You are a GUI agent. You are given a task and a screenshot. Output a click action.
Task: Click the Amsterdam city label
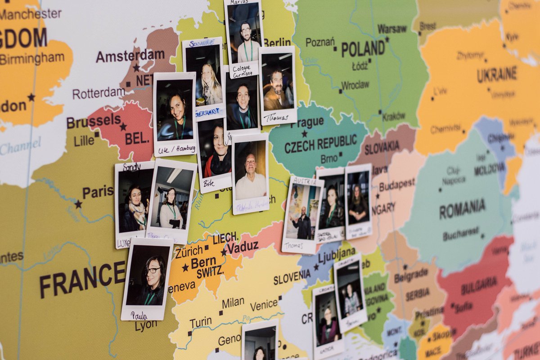[x=130, y=56]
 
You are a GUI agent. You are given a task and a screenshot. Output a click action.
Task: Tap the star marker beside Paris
[x=78, y=204]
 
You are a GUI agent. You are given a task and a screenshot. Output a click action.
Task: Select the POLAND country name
[x=363, y=49]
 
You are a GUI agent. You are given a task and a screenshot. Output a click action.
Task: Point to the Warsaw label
[x=391, y=29]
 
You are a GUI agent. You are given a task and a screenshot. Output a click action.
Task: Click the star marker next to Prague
[x=304, y=134]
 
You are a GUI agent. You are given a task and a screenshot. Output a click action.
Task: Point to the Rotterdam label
[x=99, y=93]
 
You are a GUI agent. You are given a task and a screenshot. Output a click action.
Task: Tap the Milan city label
[x=233, y=302]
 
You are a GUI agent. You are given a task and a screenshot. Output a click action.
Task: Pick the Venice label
[x=264, y=305]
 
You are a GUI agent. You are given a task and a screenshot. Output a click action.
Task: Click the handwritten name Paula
[x=139, y=315]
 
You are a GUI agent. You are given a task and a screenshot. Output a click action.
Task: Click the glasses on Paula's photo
[x=153, y=270]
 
